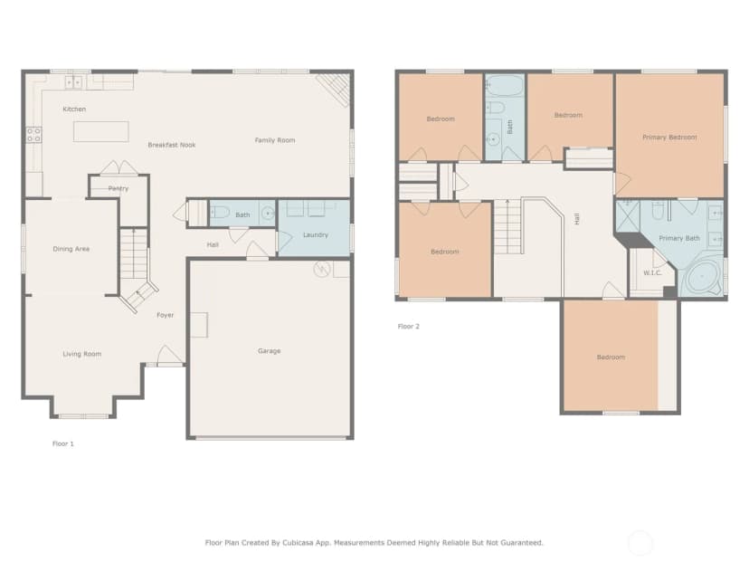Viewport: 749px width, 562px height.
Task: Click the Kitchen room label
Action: [x=74, y=109]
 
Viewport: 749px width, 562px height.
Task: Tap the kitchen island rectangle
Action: [x=100, y=131]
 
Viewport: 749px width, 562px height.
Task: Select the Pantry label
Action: [x=119, y=188]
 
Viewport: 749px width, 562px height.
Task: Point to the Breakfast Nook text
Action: [x=172, y=145]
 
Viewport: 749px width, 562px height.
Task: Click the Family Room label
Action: [x=275, y=140]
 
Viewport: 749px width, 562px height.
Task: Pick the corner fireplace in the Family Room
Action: [x=335, y=90]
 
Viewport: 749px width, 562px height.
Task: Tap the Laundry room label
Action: [x=316, y=234]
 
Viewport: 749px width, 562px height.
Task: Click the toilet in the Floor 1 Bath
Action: [x=219, y=211]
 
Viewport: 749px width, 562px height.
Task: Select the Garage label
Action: [x=269, y=351]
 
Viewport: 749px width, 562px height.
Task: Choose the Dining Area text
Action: [x=71, y=249]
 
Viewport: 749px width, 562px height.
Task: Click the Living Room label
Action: [x=82, y=354]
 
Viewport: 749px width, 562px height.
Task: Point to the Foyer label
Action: [x=166, y=315]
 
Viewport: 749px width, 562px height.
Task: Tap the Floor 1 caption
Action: [x=63, y=443]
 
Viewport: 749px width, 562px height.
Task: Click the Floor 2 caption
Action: [x=408, y=327]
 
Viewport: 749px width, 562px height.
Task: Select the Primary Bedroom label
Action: [x=669, y=138]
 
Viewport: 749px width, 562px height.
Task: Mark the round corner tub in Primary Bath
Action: [x=702, y=277]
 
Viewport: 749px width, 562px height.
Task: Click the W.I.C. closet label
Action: [x=652, y=273]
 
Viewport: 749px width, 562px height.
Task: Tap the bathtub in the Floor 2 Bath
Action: [x=506, y=86]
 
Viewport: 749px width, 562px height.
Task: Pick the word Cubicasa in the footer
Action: [x=301, y=542]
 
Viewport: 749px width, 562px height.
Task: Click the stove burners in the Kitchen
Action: [x=33, y=135]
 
